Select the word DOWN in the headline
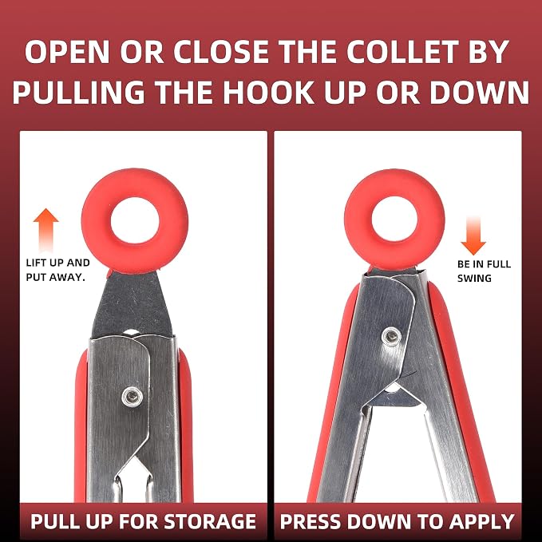pyautogui.click(x=479, y=93)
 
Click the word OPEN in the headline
pyautogui.click(x=67, y=52)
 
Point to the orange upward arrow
pyautogui.click(x=46, y=230)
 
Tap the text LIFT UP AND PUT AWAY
pyautogui.click(x=57, y=270)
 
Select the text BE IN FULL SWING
pyautogui.click(x=484, y=271)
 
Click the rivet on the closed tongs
pyautogui.click(x=132, y=397)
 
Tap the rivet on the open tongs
pyautogui.click(x=391, y=335)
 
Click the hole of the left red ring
pyautogui.click(x=135, y=220)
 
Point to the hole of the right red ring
pyautogui.click(x=395, y=220)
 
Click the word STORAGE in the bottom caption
pyautogui.click(x=209, y=521)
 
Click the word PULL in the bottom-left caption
pyautogui.click(x=53, y=521)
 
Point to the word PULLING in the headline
pyautogui.click(x=79, y=93)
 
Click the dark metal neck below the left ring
pyautogui.click(x=133, y=303)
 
